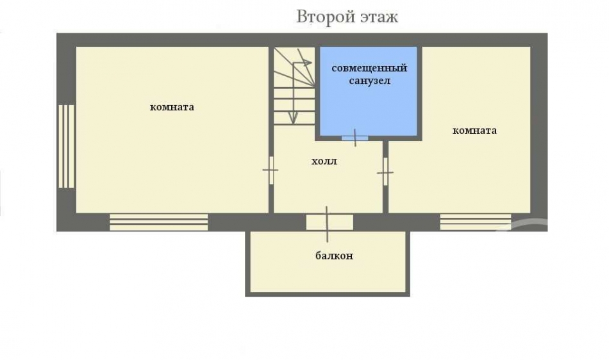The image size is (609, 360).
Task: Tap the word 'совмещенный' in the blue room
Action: (369, 69)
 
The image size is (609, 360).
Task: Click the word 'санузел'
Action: (369, 81)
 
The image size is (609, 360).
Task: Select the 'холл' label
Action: (324, 161)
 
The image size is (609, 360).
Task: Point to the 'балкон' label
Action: (335, 256)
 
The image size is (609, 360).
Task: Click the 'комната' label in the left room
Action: (172, 108)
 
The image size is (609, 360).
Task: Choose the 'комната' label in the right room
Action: (474, 131)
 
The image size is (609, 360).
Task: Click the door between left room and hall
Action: (271, 170)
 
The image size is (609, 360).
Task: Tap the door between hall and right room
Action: (385, 172)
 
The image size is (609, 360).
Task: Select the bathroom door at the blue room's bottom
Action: (355, 138)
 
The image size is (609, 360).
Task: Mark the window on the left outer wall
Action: (67, 146)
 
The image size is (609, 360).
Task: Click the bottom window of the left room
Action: (159, 222)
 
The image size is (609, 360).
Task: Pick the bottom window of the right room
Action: (476, 222)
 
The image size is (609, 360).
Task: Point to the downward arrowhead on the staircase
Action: (294, 118)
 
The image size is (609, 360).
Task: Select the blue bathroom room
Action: (369, 91)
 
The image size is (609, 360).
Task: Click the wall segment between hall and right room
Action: (385, 177)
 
